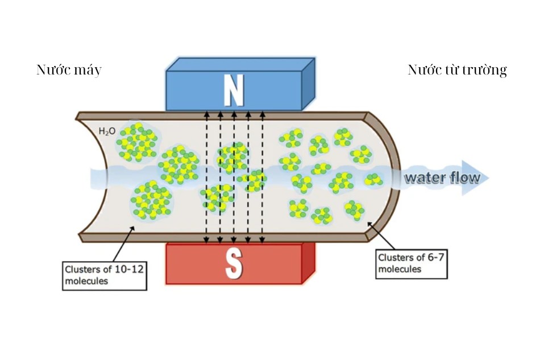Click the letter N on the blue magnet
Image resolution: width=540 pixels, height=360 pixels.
tap(233, 90)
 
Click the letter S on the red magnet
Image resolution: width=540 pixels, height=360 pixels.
tap(234, 264)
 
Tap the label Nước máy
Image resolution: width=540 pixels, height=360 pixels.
tap(69, 70)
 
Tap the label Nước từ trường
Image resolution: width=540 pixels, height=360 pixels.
tap(457, 70)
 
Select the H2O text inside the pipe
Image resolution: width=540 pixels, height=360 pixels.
tap(107, 132)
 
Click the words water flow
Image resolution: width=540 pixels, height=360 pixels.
tap(442, 178)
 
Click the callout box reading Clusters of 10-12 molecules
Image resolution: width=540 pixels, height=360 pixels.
tap(105, 275)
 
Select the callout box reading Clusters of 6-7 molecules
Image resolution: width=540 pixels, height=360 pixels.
tap(412, 263)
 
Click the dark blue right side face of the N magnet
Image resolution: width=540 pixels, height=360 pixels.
tap(308, 85)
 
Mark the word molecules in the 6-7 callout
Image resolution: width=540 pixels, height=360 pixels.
tap(400, 268)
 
